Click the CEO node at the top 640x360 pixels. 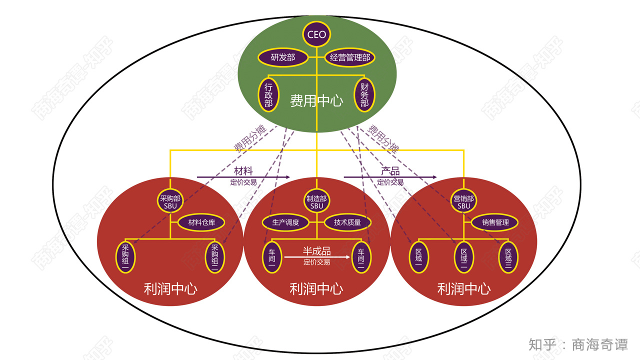click(316, 34)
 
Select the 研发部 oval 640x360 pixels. click(282, 57)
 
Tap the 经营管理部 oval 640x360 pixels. click(350, 57)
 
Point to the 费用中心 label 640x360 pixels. click(316, 101)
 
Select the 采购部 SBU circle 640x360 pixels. click(170, 201)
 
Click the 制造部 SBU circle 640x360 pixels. click(316, 201)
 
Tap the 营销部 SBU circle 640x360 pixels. click(463, 201)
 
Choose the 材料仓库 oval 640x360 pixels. click(201, 222)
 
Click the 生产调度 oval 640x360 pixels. click(285, 222)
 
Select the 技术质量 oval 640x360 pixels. click(347, 222)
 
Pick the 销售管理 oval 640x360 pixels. click(495, 222)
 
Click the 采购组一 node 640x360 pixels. click(125, 257)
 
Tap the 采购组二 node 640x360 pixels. click(215, 257)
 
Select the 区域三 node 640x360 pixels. click(508, 258)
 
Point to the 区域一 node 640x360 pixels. click(418, 258)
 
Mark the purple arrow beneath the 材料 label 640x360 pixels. click(243, 177)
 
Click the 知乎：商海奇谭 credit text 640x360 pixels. click(578, 344)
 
